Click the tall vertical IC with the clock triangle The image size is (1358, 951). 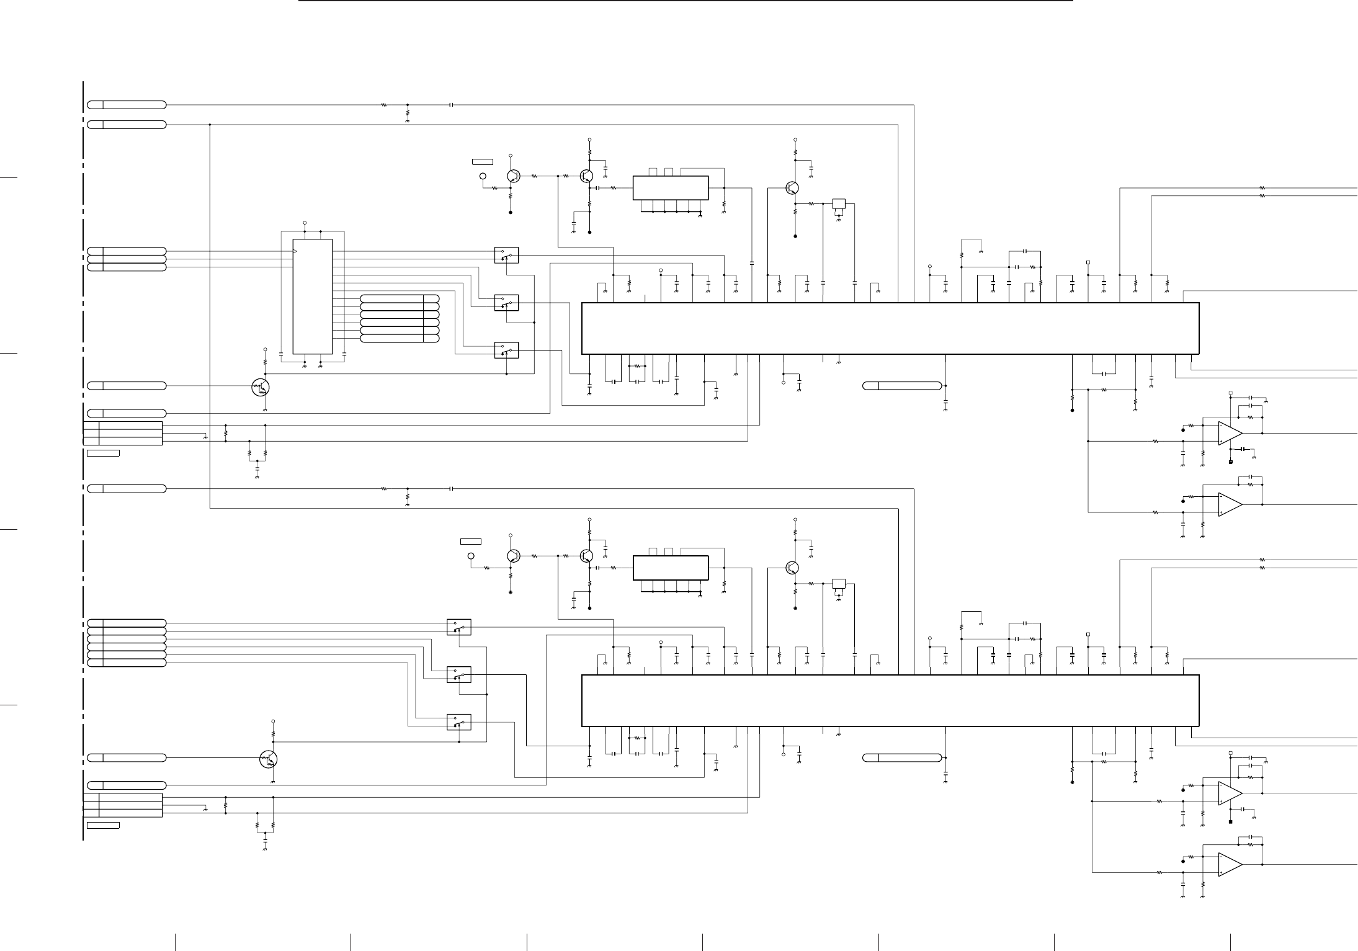coord(313,297)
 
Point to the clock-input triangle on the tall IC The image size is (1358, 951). coord(295,251)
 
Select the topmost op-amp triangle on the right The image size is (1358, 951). coord(1230,432)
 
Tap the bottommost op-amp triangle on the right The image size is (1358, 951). coord(1230,864)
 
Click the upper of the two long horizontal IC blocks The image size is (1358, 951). coord(890,328)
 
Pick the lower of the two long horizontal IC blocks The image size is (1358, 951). coord(890,700)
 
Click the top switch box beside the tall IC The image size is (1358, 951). coord(506,255)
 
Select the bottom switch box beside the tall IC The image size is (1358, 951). coord(506,350)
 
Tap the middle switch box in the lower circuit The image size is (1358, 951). coord(458,674)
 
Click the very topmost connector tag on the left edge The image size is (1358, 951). coord(127,104)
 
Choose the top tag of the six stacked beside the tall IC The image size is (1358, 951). coord(400,299)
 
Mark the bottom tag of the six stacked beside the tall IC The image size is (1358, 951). coord(400,339)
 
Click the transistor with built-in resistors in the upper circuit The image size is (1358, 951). coord(261,387)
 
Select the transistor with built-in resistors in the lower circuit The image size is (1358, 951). coord(269,758)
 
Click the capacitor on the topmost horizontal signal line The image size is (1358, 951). coord(452,105)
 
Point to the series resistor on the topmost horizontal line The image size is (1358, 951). coord(384,105)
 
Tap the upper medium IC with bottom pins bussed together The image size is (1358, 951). coord(670,188)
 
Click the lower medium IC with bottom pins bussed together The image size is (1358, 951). coord(670,568)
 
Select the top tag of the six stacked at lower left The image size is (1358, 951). coord(127,622)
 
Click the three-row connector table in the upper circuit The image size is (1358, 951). coord(123,433)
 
